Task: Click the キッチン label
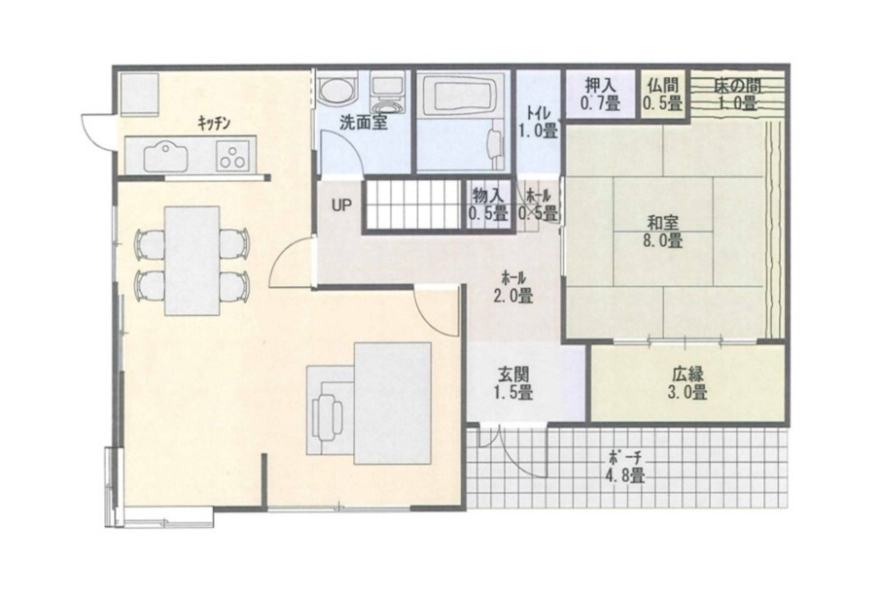pyautogui.click(x=213, y=123)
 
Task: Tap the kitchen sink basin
pyautogui.click(x=166, y=156)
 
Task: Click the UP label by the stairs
pyautogui.click(x=341, y=205)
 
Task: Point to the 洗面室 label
pyautogui.click(x=364, y=123)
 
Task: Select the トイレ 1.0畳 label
pyautogui.click(x=538, y=121)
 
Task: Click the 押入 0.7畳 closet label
pyautogui.click(x=600, y=94)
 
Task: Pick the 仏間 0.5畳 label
pyautogui.click(x=662, y=94)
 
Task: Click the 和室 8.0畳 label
pyautogui.click(x=663, y=231)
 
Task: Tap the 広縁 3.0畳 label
pyautogui.click(x=687, y=383)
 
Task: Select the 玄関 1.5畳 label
pyautogui.click(x=514, y=383)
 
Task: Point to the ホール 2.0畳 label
pyautogui.click(x=514, y=286)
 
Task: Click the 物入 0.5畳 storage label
pyautogui.click(x=487, y=204)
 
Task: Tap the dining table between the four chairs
pyautogui.click(x=191, y=260)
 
